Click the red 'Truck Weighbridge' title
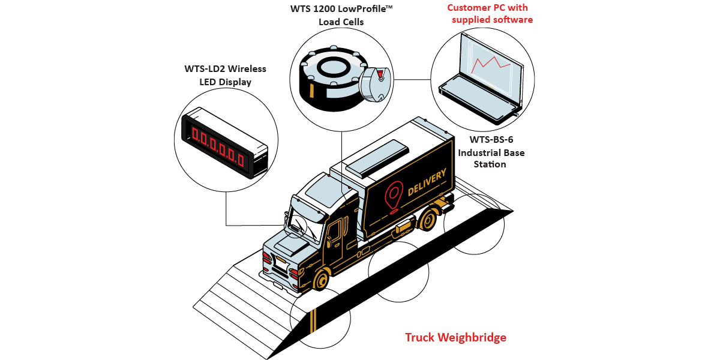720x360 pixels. point(455,337)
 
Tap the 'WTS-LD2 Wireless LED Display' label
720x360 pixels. point(225,75)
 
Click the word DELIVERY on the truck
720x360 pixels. point(427,182)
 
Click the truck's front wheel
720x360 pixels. point(322,280)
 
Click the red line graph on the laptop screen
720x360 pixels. point(491,62)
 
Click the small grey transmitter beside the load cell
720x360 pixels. point(375,84)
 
